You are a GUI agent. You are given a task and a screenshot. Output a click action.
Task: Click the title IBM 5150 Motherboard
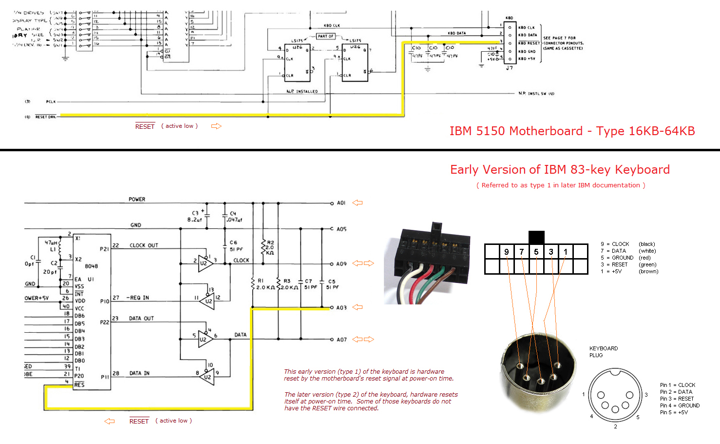[x=572, y=131]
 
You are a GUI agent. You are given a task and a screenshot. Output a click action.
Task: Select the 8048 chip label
[x=91, y=266]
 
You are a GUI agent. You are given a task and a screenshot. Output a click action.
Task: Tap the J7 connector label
[x=509, y=68]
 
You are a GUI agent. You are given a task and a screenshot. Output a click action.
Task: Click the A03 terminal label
[x=341, y=308]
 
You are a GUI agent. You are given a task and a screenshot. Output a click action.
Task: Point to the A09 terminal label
[x=341, y=264]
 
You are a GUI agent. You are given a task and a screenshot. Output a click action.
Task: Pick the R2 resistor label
[x=270, y=242]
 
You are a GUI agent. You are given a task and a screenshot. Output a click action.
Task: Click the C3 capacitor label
[x=195, y=213]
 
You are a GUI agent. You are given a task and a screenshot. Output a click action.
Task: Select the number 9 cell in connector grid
[x=507, y=252]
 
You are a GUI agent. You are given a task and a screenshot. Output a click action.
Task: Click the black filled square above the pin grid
[x=536, y=237]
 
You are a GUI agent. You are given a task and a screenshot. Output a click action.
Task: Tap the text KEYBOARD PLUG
[x=603, y=352]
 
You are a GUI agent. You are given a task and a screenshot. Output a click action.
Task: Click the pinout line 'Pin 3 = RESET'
[x=677, y=399]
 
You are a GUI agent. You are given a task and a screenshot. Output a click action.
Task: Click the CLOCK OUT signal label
[x=144, y=245]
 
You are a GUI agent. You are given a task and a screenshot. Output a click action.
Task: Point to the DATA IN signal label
[x=139, y=373]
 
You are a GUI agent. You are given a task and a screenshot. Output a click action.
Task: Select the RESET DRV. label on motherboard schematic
[x=46, y=117]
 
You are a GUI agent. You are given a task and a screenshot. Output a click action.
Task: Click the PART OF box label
[x=325, y=36]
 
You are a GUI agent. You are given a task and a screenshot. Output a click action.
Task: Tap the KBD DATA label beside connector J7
[x=528, y=35]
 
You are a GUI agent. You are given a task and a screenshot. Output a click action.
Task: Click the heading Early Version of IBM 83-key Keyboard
[x=560, y=170]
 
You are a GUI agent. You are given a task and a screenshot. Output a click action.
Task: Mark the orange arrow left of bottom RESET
[x=110, y=421]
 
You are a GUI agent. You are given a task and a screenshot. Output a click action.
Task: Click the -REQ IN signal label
[x=138, y=298]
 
